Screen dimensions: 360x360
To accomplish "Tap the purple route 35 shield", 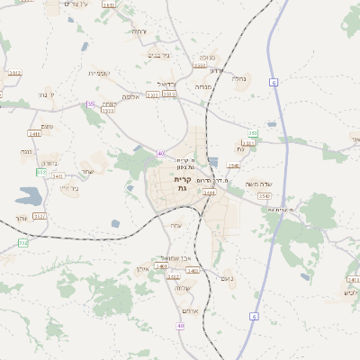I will click(90, 104).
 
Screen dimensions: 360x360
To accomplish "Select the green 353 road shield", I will click(253, 133).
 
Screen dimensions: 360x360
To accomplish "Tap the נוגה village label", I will click(26, 151).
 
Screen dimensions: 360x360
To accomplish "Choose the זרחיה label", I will click(139, 31).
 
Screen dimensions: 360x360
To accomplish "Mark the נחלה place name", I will click(238, 78).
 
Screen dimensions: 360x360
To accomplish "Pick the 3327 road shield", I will click(40, 216).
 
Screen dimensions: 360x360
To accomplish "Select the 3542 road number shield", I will click(264, 195).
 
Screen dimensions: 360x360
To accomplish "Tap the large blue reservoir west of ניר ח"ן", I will click(27, 194).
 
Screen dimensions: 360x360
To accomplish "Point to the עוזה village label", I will click(176, 224).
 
